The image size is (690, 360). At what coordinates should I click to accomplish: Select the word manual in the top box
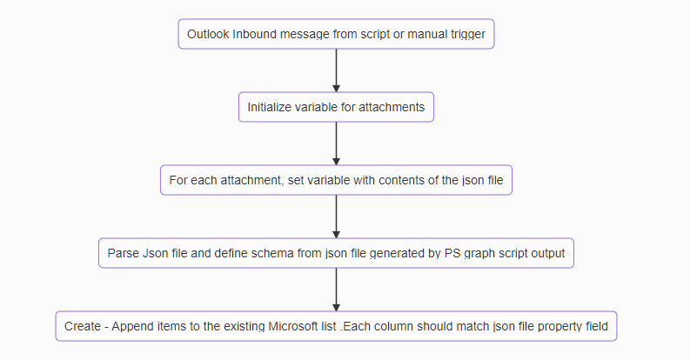pyautogui.click(x=419, y=35)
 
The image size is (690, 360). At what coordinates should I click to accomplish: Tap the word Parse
pyautogui.click(x=123, y=254)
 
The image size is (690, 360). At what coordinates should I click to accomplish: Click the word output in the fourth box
pyautogui.click(x=546, y=254)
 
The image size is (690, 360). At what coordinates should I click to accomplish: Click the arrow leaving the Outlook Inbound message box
pyautogui.click(x=336, y=70)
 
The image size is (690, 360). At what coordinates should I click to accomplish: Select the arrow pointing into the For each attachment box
pyautogui.click(x=336, y=143)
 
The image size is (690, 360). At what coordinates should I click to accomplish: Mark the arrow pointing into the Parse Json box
pyautogui.click(x=336, y=217)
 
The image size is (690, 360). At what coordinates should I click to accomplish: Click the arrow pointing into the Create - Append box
pyautogui.click(x=336, y=290)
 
